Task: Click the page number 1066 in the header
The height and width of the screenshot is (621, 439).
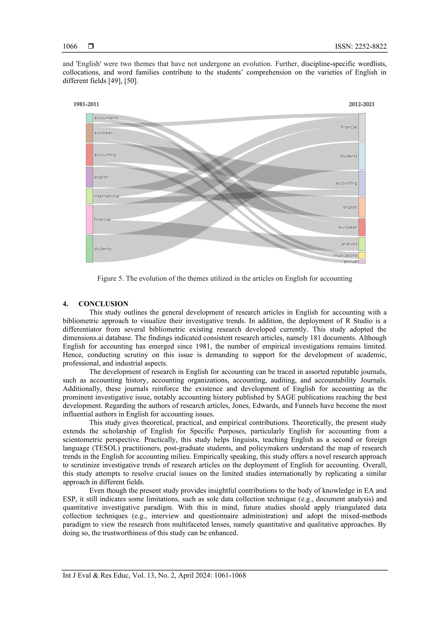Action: pos(70,47)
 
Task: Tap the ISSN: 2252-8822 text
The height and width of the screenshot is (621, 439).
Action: pos(361,47)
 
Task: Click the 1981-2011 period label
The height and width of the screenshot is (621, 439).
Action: pos(86,104)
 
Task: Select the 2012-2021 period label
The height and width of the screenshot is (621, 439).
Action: pos(361,104)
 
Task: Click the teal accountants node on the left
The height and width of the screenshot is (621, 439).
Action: pos(90,118)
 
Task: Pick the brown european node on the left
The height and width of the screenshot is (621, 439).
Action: pos(90,133)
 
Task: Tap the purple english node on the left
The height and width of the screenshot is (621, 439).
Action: pos(90,177)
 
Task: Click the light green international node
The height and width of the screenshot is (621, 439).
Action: pos(90,196)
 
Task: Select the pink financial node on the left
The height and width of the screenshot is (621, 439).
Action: pos(90,219)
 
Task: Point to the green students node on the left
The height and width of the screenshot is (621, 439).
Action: pos(90,249)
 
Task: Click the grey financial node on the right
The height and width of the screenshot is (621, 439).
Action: pos(362,127)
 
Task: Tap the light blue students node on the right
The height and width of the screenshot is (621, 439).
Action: pos(362,156)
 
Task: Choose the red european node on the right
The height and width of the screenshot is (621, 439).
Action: pos(362,227)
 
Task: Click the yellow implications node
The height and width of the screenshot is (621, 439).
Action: pos(362,255)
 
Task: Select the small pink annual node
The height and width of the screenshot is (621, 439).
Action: pos(362,262)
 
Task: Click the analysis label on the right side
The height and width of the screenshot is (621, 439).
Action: pos(349,244)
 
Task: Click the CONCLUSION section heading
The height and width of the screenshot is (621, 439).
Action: pos(103,304)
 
